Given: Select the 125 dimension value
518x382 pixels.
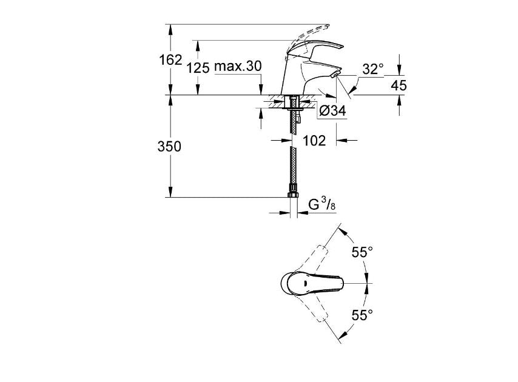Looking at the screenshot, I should tap(198, 67).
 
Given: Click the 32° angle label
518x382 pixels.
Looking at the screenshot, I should tap(373, 69).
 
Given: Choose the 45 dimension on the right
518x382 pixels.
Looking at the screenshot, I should tap(399, 85).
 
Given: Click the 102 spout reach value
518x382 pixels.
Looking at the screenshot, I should tap(314, 141).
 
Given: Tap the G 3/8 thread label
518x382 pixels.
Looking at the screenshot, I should tap(322, 205).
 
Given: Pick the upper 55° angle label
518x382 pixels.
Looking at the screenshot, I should tap(362, 252).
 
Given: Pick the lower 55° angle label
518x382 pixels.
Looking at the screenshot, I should tap(362, 315).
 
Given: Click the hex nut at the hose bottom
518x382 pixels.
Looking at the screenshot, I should tap(293, 195).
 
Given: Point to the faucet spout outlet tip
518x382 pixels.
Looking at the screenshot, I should tap(336, 74).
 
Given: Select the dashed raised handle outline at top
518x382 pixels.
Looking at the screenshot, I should tap(309, 33).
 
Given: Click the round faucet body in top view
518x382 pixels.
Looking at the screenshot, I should tap(289, 283).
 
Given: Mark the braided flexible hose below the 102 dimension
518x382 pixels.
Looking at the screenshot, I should tap(293, 170).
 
